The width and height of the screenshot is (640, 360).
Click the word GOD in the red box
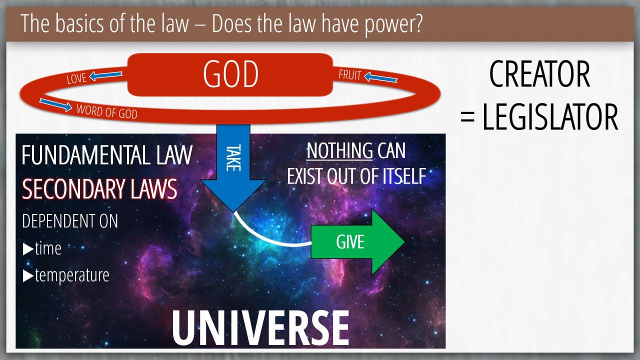coord(230,74)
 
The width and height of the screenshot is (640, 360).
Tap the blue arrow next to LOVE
coord(105,75)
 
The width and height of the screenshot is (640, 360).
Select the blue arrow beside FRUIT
coord(381,77)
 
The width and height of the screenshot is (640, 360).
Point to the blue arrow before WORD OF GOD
coord(55,105)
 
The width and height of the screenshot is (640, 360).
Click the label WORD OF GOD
coord(107,111)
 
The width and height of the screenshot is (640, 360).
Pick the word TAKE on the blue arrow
coord(233,158)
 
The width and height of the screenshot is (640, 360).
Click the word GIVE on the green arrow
coord(350,242)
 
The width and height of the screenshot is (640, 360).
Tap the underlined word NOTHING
coord(339,150)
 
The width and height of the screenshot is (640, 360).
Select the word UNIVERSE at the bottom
coord(260,328)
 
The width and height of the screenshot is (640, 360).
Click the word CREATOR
coord(539,74)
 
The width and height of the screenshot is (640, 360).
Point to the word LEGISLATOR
coord(550,117)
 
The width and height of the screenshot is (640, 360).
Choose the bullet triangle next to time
coord(28,249)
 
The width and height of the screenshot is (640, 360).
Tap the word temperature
coord(72,275)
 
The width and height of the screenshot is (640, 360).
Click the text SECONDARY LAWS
coord(99,189)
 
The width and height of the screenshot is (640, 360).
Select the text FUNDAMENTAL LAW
coord(107,155)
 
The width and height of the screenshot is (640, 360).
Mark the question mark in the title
coord(417,23)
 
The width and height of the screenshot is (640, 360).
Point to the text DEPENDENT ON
coord(70,221)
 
